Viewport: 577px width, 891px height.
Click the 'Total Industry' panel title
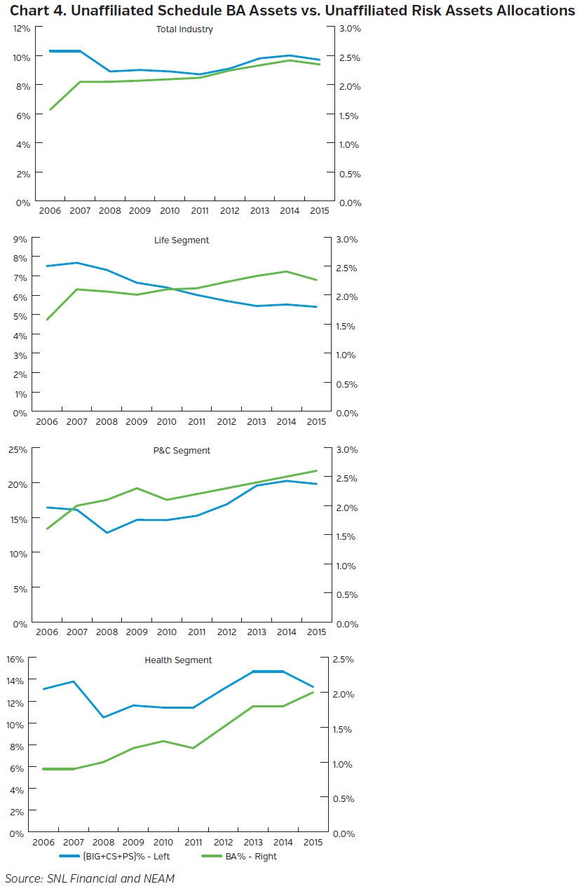pyautogui.click(x=184, y=29)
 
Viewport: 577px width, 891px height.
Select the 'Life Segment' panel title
pyautogui.click(x=182, y=240)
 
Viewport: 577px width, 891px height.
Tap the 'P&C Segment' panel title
pyautogui.click(x=182, y=450)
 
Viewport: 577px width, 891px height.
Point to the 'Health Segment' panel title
pyautogui.click(x=178, y=660)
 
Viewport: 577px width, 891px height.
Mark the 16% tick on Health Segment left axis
pyautogui.click(x=16, y=659)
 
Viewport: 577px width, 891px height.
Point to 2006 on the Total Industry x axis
pyautogui.click(x=49, y=210)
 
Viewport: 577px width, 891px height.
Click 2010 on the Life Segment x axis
pyautogui.click(x=167, y=421)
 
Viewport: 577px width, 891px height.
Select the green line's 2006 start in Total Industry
pyautogui.click(x=49, y=109)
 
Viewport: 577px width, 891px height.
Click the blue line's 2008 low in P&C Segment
pyautogui.click(x=107, y=533)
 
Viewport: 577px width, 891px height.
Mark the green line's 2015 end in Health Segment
pyautogui.click(x=313, y=693)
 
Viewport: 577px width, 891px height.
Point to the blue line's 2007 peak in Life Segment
pyautogui.click(x=77, y=263)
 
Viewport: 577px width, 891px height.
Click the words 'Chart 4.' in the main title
pyautogui.click(x=35, y=11)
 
